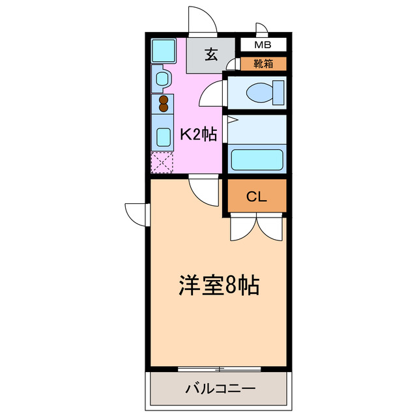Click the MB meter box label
tap(263, 45)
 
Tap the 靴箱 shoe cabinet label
tap(263, 64)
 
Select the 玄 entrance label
tap(211, 55)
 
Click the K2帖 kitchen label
tap(197, 135)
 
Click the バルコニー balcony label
tap(220, 389)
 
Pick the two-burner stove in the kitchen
tap(163, 104)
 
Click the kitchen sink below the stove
tap(163, 137)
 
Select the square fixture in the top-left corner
tap(162, 50)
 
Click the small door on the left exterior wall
tap(138, 213)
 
